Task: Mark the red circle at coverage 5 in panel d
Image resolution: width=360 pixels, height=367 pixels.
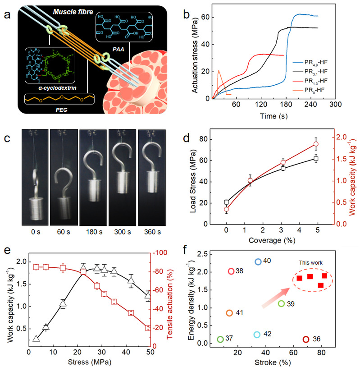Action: tap(316, 144)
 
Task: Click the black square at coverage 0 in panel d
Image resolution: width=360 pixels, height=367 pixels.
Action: tap(226, 202)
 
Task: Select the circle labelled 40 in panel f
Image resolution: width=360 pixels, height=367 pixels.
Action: tap(258, 261)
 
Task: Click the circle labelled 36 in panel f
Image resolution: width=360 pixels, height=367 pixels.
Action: tap(306, 339)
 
